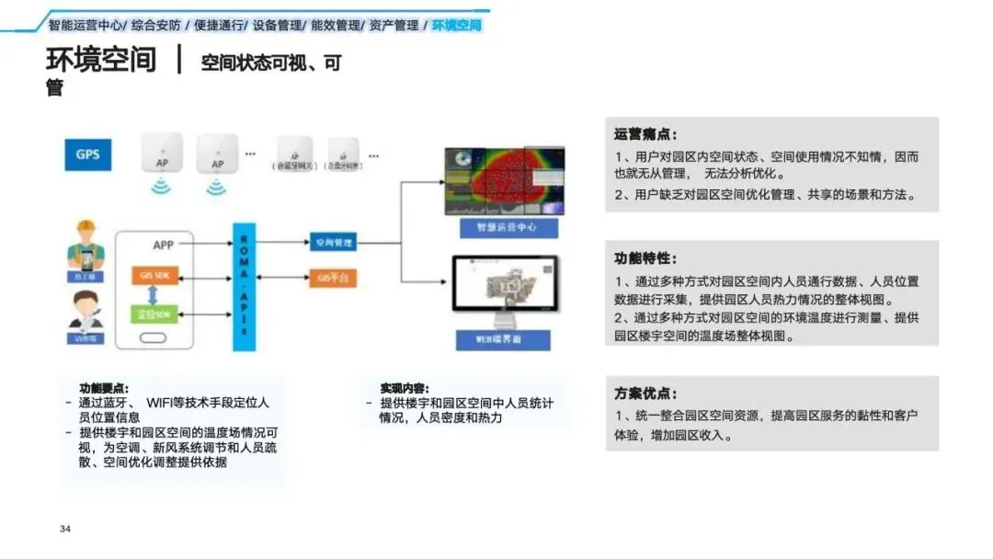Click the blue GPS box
coord(87,154)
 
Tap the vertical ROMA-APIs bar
coord(243,286)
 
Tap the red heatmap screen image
coord(503,179)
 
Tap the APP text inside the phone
coord(163,245)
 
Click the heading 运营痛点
coord(645,134)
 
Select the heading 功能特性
coord(645,258)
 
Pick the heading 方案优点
coord(645,393)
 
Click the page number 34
coord(65,529)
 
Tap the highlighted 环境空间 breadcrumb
coord(457,25)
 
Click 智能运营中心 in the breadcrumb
coord(86,25)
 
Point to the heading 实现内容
coord(404,388)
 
